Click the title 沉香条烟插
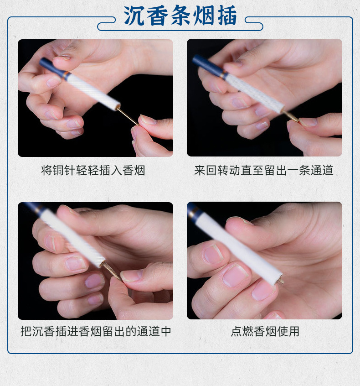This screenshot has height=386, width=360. click(180, 17)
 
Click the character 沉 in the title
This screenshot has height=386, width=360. click(134, 17)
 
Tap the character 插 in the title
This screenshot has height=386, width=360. click(227, 17)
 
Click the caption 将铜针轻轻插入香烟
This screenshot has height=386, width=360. click(93, 171)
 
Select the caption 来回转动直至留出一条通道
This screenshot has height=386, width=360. click(264, 171)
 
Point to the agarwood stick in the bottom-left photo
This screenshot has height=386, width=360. click(112, 271)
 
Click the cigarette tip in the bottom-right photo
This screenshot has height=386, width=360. click(279, 280)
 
